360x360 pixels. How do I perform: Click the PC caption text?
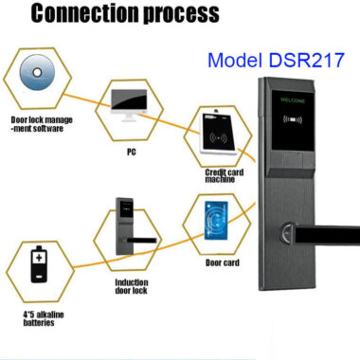134,150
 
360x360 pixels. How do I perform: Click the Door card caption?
225,262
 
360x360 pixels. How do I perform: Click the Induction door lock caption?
132,286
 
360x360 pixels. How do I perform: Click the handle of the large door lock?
327,234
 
